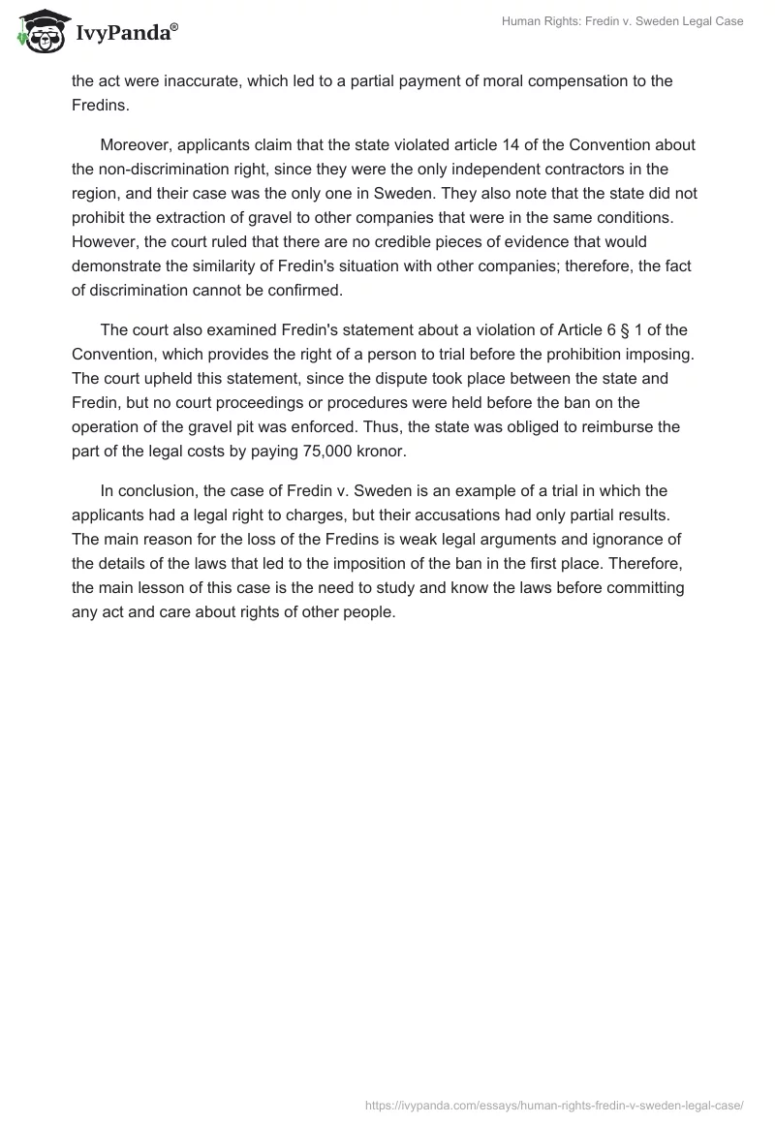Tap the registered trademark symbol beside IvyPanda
[x=174, y=26]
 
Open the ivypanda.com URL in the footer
[x=554, y=1104]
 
